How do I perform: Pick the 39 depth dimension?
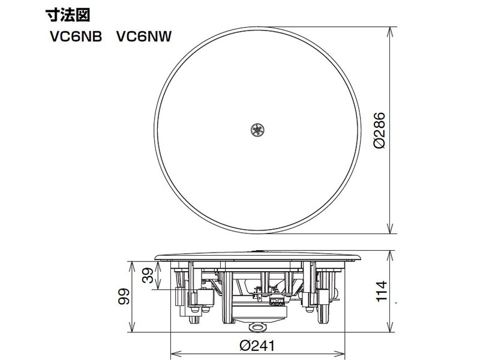point(146,275)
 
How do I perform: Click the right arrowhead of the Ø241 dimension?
point(341,352)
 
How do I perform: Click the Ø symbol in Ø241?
point(242,347)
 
